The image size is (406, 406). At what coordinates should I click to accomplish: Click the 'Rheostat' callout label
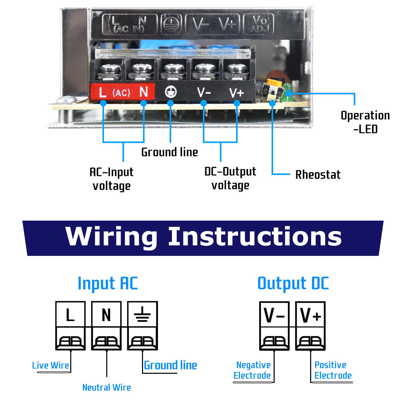click(318, 175)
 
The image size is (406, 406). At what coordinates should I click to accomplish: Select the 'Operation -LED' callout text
click(365, 122)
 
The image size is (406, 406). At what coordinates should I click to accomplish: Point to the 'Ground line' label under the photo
click(169, 152)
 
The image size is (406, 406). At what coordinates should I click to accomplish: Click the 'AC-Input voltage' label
click(112, 179)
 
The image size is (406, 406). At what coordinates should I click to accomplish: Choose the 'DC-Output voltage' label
click(230, 178)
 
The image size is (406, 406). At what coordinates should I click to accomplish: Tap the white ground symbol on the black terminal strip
click(171, 92)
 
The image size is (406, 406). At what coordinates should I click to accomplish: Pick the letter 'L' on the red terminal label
click(102, 92)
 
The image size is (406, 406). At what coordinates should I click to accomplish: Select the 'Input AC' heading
click(108, 283)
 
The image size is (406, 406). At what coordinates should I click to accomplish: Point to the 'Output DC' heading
click(293, 283)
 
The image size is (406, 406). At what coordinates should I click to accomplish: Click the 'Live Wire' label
click(50, 365)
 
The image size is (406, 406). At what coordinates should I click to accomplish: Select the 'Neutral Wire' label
click(107, 387)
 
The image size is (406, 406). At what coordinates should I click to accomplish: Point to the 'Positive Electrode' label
click(333, 370)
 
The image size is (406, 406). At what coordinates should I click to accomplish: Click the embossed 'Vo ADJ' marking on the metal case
click(259, 24)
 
